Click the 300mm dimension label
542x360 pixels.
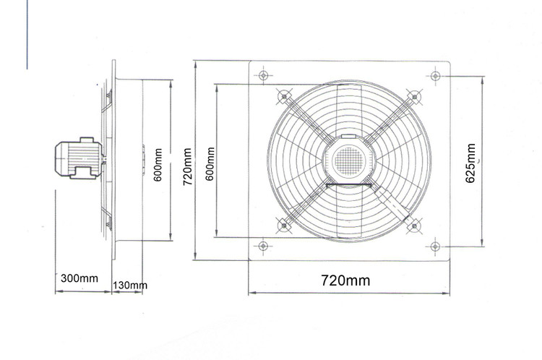click(79, 278)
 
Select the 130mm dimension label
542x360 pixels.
click(130, 286)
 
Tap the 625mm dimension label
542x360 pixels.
click(470, 163)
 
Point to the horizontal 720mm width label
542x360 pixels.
click(345, 280)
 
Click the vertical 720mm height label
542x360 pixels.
click(187, 167)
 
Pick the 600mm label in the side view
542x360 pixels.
click(158, 165)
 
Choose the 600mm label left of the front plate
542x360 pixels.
click(210, 164)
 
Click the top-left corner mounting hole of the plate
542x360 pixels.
click(263, 75)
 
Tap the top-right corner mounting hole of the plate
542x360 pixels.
click(436, 75)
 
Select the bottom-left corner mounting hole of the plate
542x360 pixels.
click(263, 246)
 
